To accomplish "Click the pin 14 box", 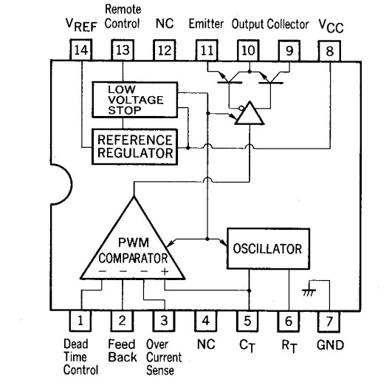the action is (80, 50).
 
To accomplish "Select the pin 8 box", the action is (329, 51).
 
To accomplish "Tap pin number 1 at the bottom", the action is (80, 321).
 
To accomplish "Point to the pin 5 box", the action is (247, 321).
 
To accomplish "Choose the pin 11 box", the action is (207, 50).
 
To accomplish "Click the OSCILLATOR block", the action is (268, 248).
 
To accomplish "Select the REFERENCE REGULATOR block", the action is (135, 146).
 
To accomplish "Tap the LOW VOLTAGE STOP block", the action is (135, 100).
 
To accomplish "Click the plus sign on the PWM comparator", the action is (165, 271).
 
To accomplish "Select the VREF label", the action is (81, 25).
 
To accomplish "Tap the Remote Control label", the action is (123, 16).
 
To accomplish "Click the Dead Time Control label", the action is (80, 357).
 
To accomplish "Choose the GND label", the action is (330, 345).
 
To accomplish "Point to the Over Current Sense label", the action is (164, 357).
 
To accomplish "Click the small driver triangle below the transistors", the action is (250, 113).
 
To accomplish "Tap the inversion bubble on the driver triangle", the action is (241, 108).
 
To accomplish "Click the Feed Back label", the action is (123, 350).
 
